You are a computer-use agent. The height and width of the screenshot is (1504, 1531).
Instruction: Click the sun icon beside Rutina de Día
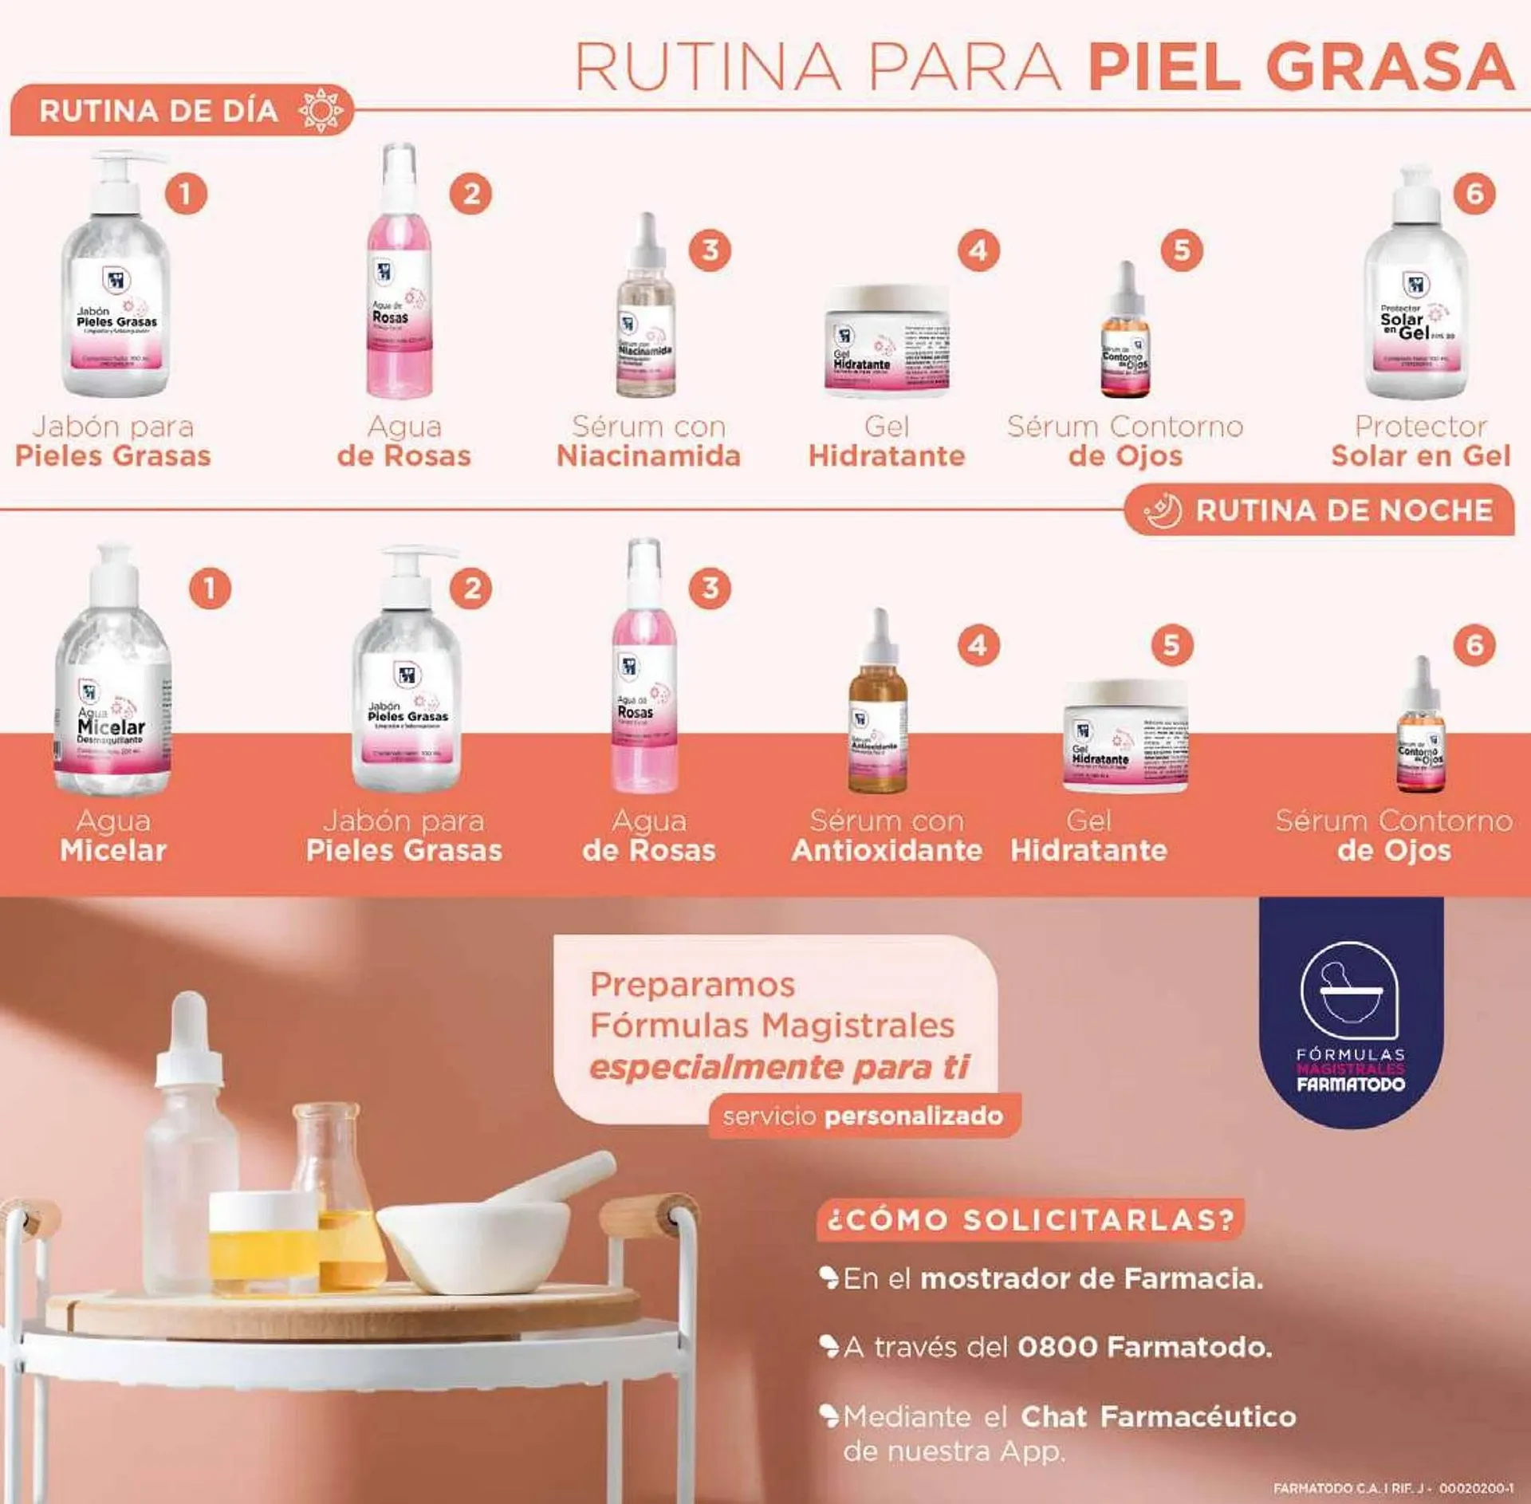coord(320,111)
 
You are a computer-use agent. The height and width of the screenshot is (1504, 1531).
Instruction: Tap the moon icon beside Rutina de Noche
coord(1163,510)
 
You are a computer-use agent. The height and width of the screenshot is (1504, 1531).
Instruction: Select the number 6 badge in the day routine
coord(1474,194)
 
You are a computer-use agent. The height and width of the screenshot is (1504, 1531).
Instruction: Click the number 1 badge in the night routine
coord(210,589)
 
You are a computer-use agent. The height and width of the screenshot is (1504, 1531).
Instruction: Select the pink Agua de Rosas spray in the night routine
coord(644,678)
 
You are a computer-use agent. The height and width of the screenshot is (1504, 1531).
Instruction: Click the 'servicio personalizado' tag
coord(863,1116)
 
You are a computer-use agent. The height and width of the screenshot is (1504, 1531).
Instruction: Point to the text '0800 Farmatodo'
coord(1143,1347)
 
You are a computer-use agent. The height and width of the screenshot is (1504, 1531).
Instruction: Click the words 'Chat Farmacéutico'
coord(1158,1416)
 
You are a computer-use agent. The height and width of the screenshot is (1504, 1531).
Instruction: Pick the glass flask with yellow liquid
coord(339,1196)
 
